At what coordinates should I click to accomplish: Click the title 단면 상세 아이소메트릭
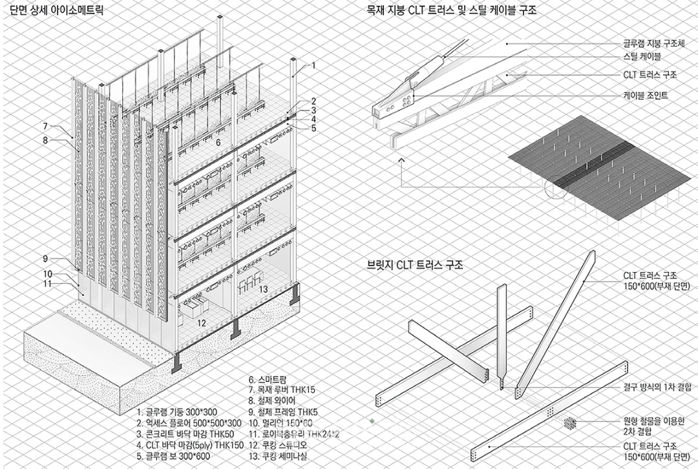click(x=56, y=10)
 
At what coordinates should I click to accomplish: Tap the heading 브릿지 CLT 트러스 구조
click(x=415, y=266)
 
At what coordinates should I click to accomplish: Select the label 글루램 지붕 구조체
click(x=654, y=44)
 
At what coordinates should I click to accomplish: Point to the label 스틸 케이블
click(x=642, y=56)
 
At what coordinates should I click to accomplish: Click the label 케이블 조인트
click(x=646, y=95)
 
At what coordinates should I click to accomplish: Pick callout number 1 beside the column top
click(x=313, y=65)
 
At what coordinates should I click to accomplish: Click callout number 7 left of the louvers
click(x=45, y=127)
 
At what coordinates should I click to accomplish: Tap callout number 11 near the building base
click(x=47, y=284)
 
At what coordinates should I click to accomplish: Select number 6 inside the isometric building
click(x=218, y=142)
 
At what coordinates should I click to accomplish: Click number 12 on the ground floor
click(x=202, y=323)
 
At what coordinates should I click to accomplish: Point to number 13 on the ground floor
click(x=264, y=289)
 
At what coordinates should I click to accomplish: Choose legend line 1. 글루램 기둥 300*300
click(x=176, y=412)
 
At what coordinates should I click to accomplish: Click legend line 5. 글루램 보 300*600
click(x=173, y=455)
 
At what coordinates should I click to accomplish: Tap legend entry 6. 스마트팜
click(x=267, y=380)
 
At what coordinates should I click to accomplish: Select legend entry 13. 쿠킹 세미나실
click(x=277, y=455)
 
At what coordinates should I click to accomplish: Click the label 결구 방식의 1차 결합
click(x=657, y=387)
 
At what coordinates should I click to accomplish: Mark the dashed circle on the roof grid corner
click(x=555, y=187)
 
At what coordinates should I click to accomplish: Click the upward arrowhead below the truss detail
click(x=402, y=159)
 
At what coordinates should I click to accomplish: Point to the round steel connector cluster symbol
click(x=569, y=423)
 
